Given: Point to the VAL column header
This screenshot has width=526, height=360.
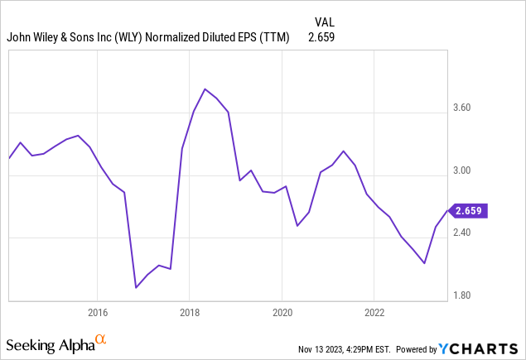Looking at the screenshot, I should [x=325, y=22].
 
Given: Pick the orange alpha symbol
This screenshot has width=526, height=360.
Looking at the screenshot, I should [x=101, y=339].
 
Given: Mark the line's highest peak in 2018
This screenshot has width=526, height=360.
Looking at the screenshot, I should [x=205, y=89].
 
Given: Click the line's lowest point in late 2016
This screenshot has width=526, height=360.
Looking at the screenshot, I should [x=136, y=288].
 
